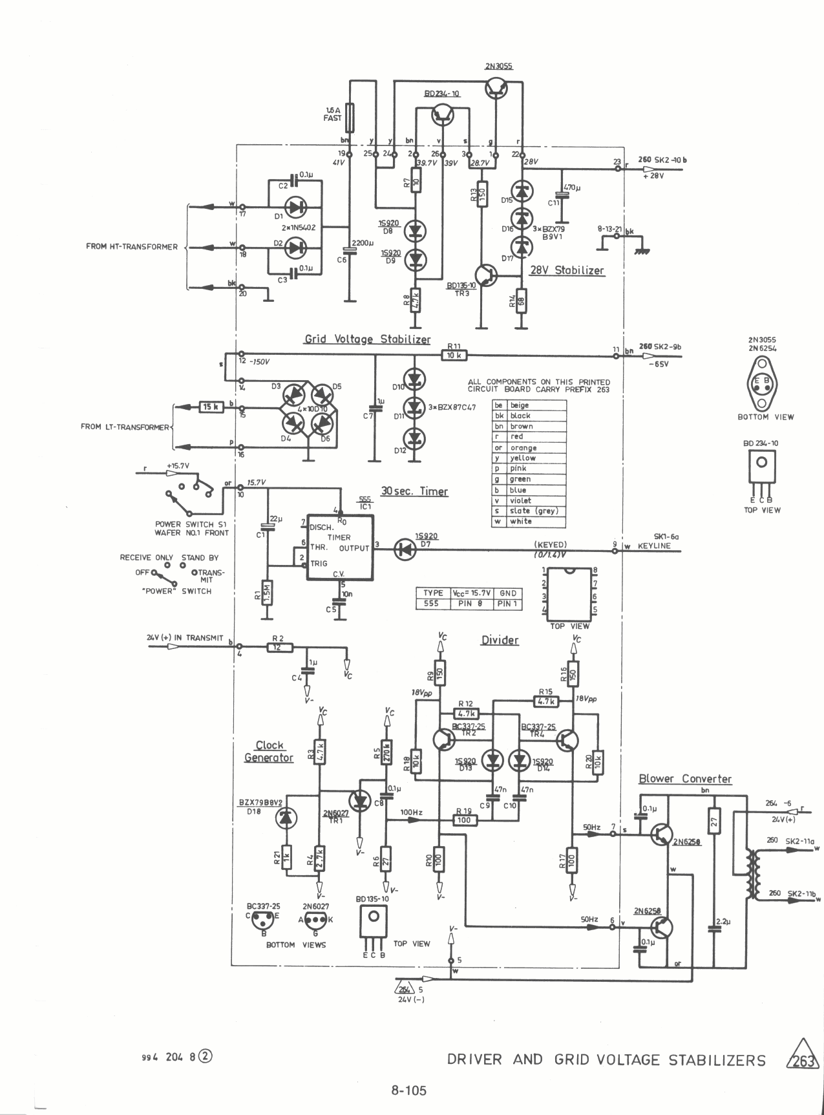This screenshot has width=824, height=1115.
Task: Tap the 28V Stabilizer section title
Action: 567,270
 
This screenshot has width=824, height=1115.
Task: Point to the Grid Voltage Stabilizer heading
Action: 367,339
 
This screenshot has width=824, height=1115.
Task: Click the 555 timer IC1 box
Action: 338,547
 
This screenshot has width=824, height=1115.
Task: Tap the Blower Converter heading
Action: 685,779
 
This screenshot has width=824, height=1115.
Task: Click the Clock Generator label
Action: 269,752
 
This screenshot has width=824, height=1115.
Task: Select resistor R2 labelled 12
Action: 280,646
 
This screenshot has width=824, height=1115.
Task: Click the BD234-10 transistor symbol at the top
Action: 443,115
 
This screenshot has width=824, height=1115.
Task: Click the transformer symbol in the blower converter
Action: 752,875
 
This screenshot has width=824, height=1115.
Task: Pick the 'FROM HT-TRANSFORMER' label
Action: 132,246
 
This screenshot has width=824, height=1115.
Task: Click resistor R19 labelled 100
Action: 463,820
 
